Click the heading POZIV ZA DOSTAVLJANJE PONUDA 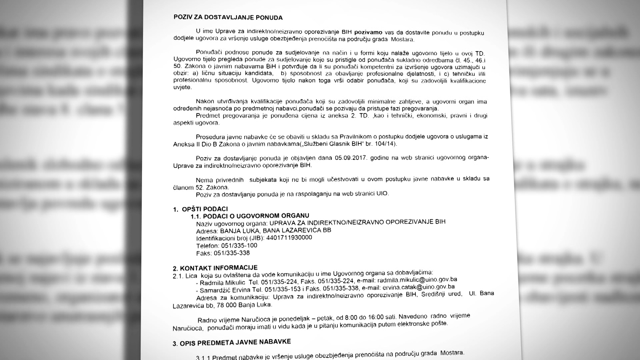(x=228, y=18)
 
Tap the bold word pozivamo (x=368, y=32)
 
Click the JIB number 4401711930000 (x=289, y=238)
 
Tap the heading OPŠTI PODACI (x=205, y=209)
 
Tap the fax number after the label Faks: (x=232, y=253)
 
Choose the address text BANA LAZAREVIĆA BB (x=297, y=230)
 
